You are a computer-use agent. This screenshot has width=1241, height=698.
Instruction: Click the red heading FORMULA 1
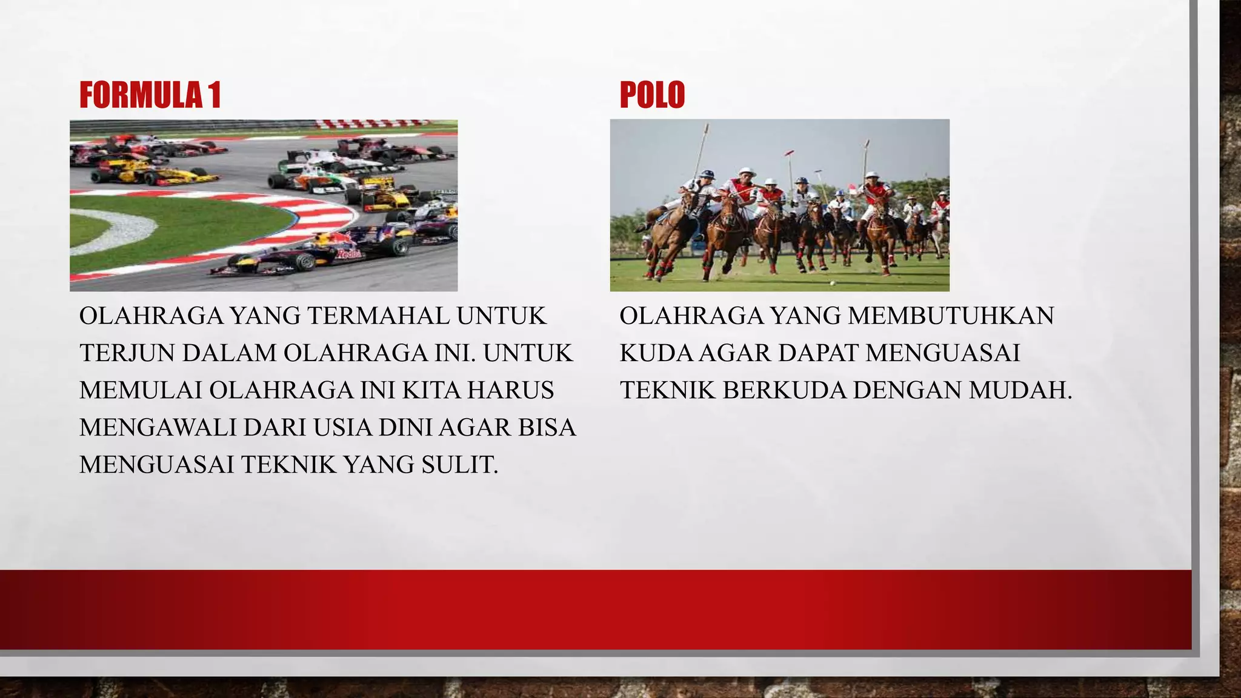(150, 96)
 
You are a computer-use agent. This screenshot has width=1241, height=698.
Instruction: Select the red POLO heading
(652, 96)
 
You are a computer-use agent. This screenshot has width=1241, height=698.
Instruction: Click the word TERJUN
(127, 353)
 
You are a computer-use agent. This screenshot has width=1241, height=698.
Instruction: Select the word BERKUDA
(784, 391)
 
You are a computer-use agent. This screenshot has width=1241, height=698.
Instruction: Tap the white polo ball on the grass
(832, 283)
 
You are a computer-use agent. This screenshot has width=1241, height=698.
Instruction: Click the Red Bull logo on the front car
(348, 253)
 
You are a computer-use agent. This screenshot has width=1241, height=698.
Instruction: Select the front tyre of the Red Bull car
(304, 261)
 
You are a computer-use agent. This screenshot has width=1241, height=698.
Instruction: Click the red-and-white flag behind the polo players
(852, 190)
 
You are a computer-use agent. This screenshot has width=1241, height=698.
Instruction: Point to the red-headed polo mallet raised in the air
(789, 153)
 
